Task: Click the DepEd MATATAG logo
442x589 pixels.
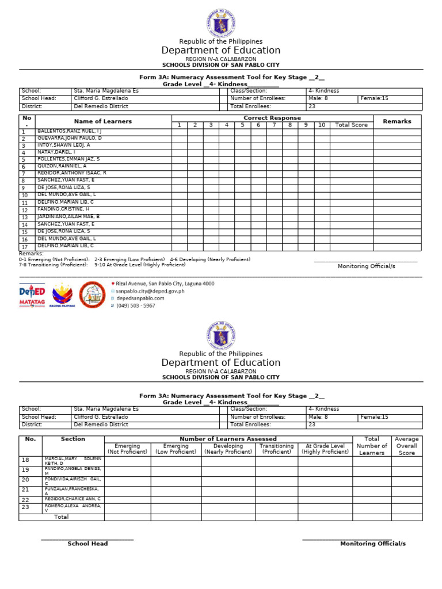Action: coord(32,294)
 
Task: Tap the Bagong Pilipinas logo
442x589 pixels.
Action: coord(63,294)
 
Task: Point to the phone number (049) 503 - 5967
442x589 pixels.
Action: coord(135,305)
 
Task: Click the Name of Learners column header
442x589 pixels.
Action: coord(102,121)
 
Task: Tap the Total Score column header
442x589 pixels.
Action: coord(351,125)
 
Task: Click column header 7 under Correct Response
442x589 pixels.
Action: coord(274,125)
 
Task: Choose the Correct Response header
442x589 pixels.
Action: coord(272,118)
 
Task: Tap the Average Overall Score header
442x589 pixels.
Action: coord(406,446)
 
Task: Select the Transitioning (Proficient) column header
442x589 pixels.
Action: coord(276,449)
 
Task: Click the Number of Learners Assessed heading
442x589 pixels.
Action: coord(228,439)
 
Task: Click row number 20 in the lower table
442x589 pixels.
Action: coord(25,479)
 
